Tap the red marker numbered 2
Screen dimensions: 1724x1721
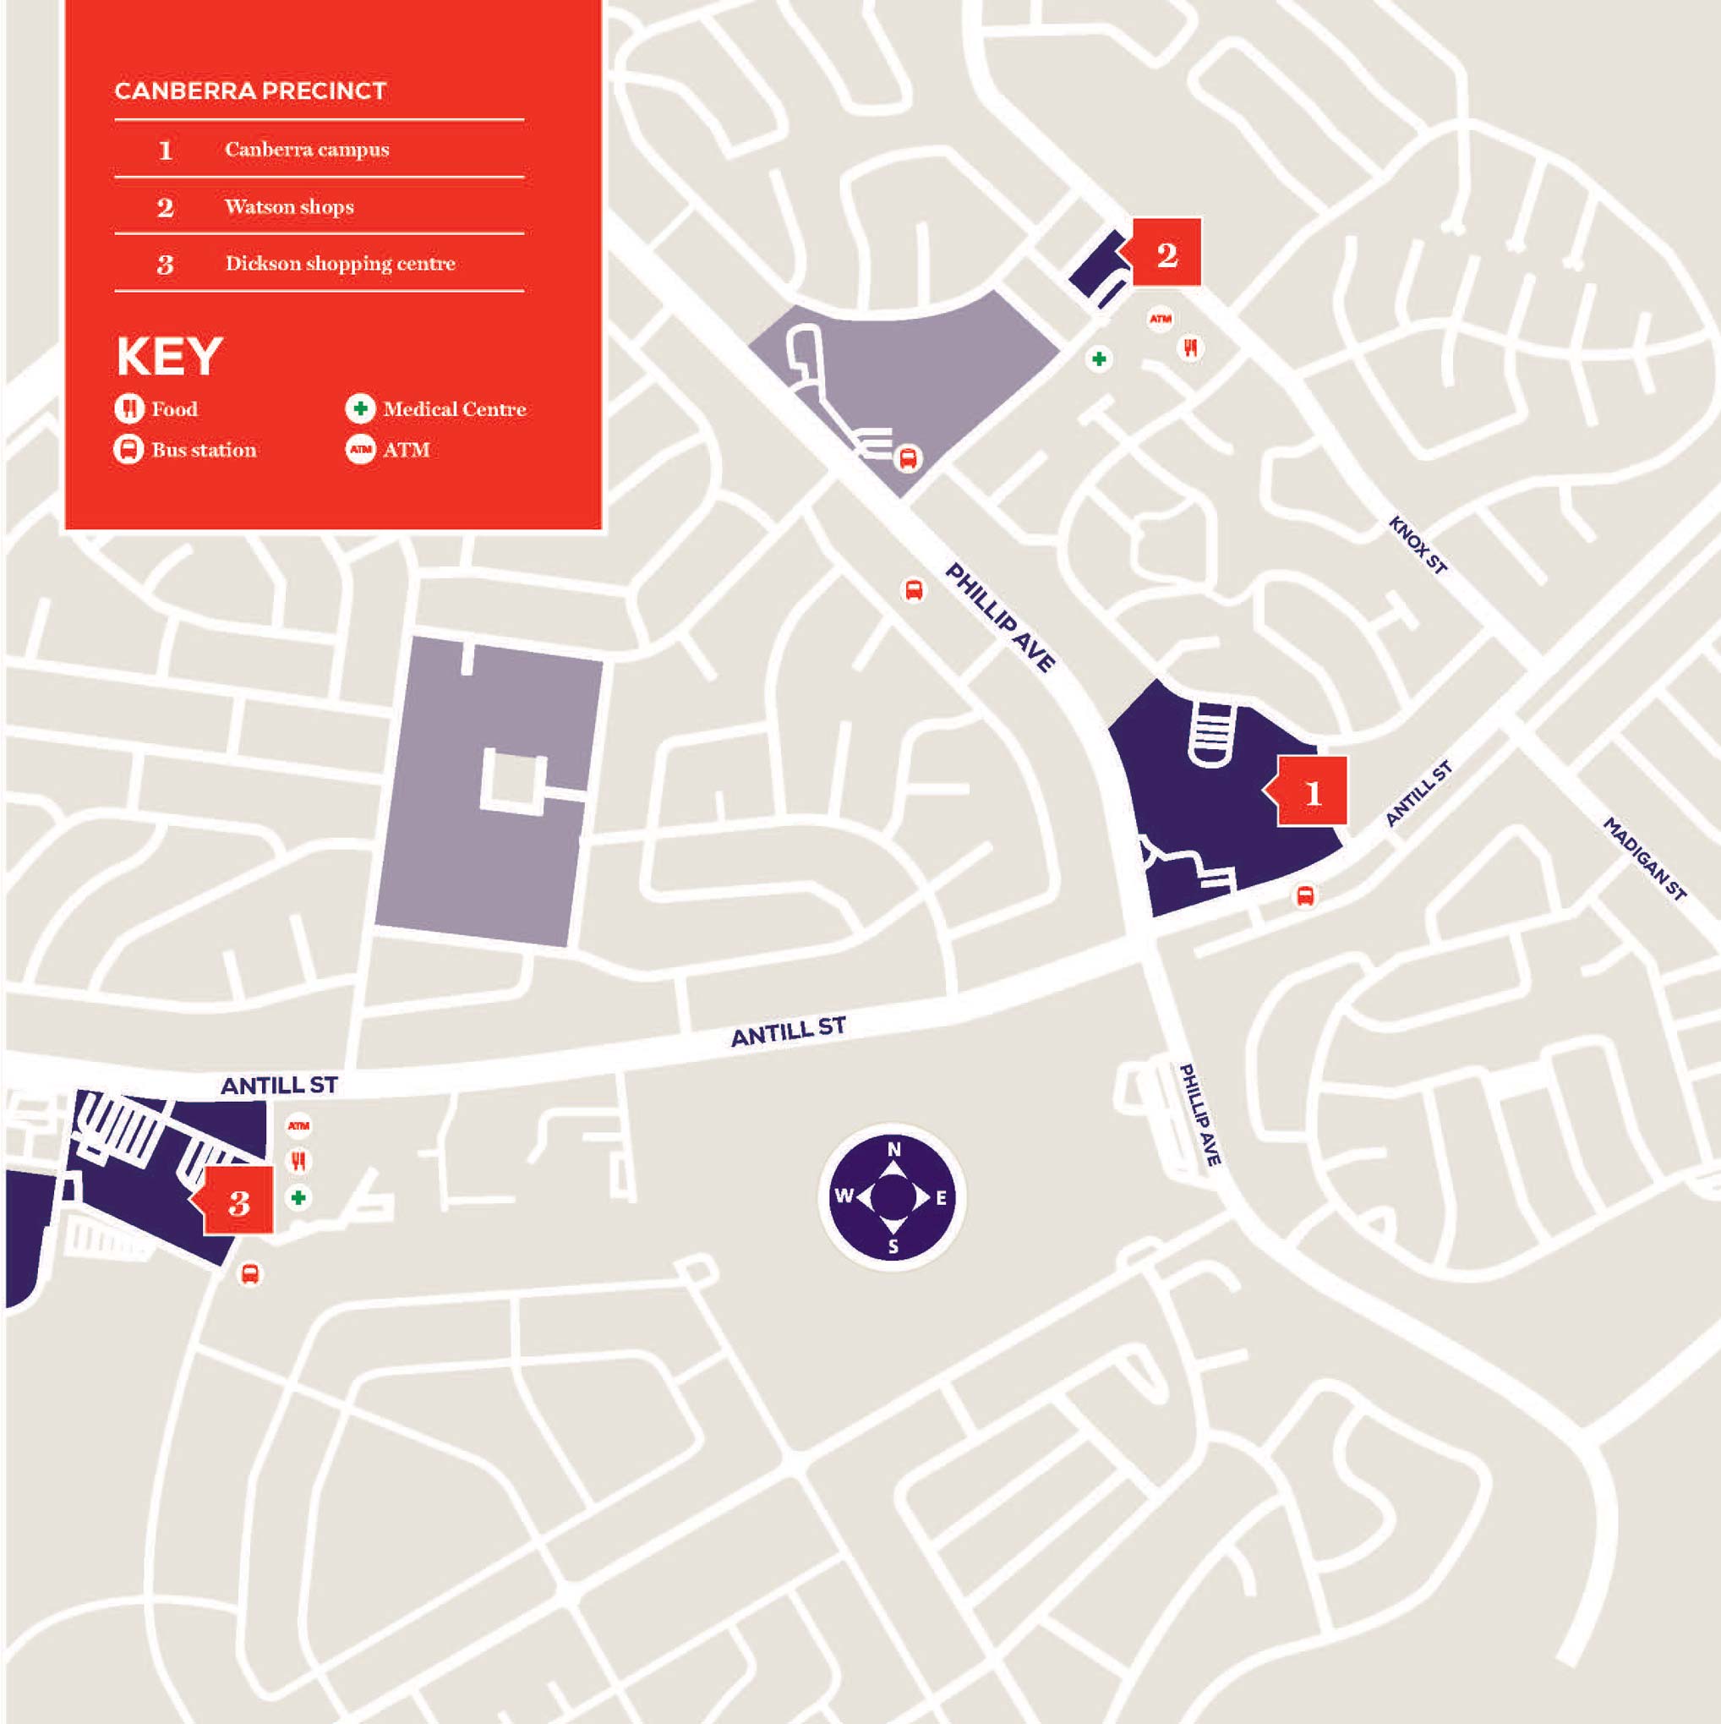(x=1166, y=254)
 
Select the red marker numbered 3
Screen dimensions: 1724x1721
(x=238, y=1202)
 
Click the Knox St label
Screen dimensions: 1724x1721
(x=1417, y=545)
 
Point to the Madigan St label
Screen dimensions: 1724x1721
(x=1644, y=858)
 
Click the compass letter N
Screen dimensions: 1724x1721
(x=893, y=1150)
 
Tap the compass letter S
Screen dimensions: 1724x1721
(x=893, y=1246)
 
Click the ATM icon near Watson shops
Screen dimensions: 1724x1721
(x=1160, y=319)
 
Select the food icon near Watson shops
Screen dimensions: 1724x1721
(x=1190, y=348)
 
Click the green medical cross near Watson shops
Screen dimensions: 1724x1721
(x=1099, y=358)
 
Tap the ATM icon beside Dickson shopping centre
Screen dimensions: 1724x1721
(x=299, y=1126)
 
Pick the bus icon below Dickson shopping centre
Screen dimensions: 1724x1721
(x=250, y=1273)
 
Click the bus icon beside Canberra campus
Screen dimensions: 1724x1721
(x=1304, y=895)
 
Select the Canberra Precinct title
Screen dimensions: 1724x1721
(x=250, y=91)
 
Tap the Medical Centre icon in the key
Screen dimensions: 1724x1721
(x=360, y=408)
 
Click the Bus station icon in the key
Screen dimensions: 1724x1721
(x=128, y=449)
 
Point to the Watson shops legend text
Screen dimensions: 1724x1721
(x=289, y=207)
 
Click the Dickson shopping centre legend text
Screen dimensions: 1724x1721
(x=340, y=263)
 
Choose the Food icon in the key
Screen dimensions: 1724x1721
(x=128, y=408)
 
